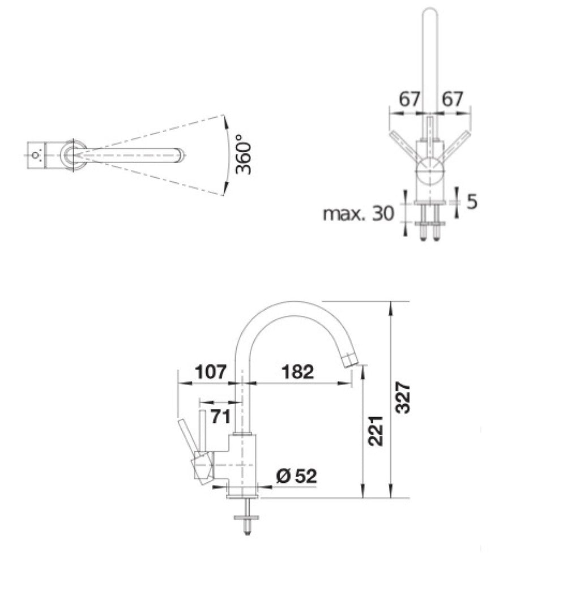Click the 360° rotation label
coord(244,154)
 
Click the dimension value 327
coord(402,397)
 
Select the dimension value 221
coord(375,431)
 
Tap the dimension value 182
coord(297,371)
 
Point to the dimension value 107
coord(211,371)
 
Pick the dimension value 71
coord(221,417)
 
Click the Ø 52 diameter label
coord(296,476)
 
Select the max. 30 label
coord(359,213)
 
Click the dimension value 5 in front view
coord(472,202)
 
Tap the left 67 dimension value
coord(410,98)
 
